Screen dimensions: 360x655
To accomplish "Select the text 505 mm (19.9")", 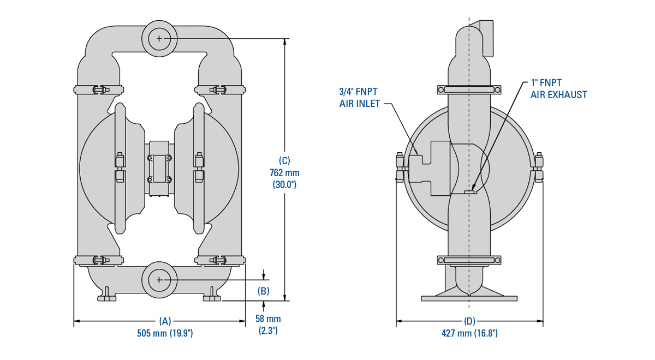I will pyautogui.click(x=165, y=333).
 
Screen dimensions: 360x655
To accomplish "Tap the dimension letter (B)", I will pyautogui.click(x=264, y=291).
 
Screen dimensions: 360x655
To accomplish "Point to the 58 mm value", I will pyautogui.click(x=268, y=319).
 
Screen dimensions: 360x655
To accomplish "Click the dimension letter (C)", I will pyautogui.click(x=284, y=161).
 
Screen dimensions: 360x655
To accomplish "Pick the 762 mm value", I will pyautogui.click(x=284, y=173).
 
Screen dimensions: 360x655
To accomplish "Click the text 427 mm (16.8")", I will pyautogui.click(x=469, y=333).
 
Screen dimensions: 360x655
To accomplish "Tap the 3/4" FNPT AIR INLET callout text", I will pyautogui.click(x=359, y=97).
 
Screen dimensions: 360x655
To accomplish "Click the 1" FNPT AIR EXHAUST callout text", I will pyautogui.click(x=558, y=89).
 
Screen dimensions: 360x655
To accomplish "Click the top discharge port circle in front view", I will pyautogui.click(x=159, y=38).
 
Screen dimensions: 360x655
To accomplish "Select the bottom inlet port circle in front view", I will pyautogui.click(x=159, y=279).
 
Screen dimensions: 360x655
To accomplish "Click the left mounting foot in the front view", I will pyautogui.click(x=106, y=297).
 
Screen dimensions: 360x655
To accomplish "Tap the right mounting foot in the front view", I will pyautogui.click(x=212, y=297).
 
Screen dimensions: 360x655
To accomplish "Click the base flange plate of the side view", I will pyautogui.click(x=469, y=298).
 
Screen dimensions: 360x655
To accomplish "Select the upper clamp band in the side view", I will pyautogui.click(x=469, y=89).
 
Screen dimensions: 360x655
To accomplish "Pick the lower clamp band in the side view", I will pyautogui.click(x=469, y=260).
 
